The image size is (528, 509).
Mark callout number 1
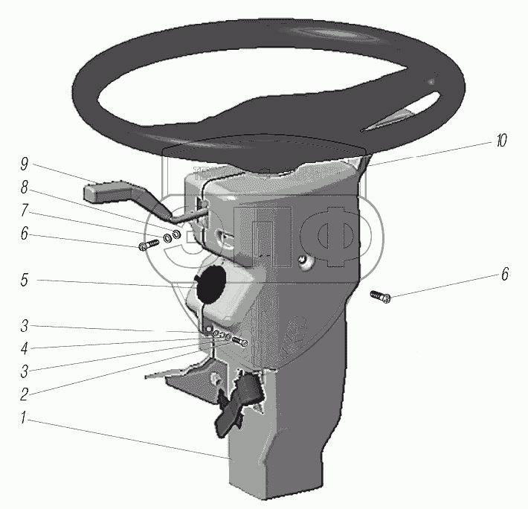point(25,420)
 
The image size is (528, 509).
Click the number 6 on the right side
point(504,275)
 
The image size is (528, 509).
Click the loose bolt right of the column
point(381,298)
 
